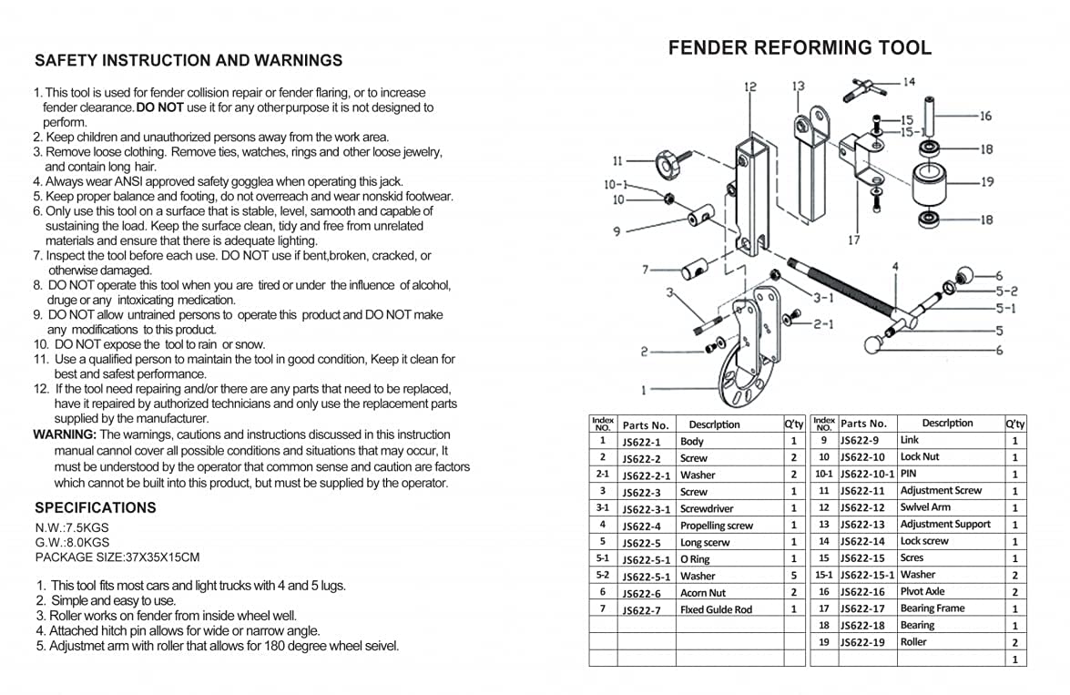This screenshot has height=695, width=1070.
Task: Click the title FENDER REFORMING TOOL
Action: (800, 48)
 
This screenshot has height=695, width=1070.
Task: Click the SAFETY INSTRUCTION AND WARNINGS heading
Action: (189, 61)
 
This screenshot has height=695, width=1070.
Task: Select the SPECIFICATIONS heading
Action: (96, 507)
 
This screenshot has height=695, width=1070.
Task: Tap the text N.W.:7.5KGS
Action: (72, 527)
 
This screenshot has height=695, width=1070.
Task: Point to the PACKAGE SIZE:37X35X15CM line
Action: (117, 557)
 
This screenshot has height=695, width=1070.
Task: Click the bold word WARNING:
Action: (65, 434)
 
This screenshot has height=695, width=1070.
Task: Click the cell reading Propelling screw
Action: (717, 526)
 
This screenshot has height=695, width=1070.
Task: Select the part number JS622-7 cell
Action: (642, 610)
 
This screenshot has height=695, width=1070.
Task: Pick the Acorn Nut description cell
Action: (703, 593)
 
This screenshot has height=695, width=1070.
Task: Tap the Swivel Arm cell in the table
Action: (925, 507)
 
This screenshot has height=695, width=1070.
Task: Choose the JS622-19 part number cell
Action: (862, 642)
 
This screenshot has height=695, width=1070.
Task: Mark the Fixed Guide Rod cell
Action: (717, 610)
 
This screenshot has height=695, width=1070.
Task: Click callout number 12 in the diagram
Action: (750, 87)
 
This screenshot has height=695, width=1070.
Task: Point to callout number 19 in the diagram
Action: (987, 182)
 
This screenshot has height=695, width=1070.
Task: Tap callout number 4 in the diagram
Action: (895, 267)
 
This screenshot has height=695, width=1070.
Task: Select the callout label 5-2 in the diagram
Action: (1006, 291)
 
